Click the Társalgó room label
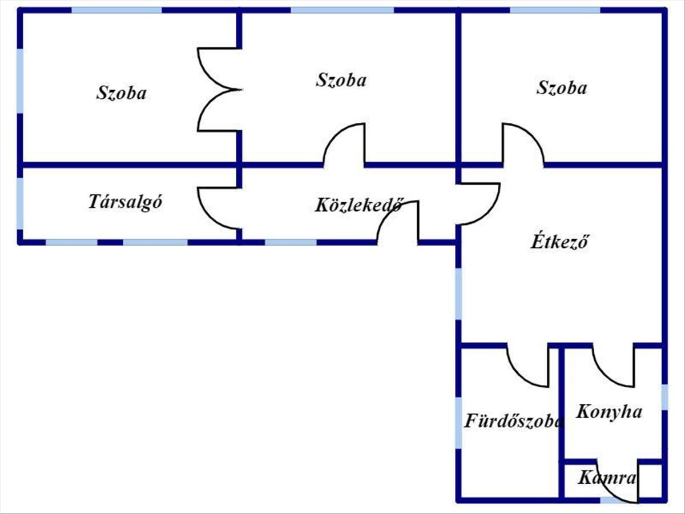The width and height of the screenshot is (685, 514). click(126, 202)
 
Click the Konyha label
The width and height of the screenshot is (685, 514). click(609, 411)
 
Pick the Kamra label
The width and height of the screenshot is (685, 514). click(606, 478)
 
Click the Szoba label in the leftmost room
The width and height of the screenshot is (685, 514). click(121, 93)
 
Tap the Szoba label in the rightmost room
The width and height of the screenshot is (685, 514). click(562, 88)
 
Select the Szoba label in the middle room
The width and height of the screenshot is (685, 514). click(341, 80)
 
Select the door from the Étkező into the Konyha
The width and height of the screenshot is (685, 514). click(614, 366)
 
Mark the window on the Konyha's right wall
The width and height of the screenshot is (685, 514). click(664, 397)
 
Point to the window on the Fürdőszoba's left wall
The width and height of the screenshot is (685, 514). click(458, 423)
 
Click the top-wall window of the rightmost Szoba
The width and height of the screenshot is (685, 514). click(554, 10)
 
